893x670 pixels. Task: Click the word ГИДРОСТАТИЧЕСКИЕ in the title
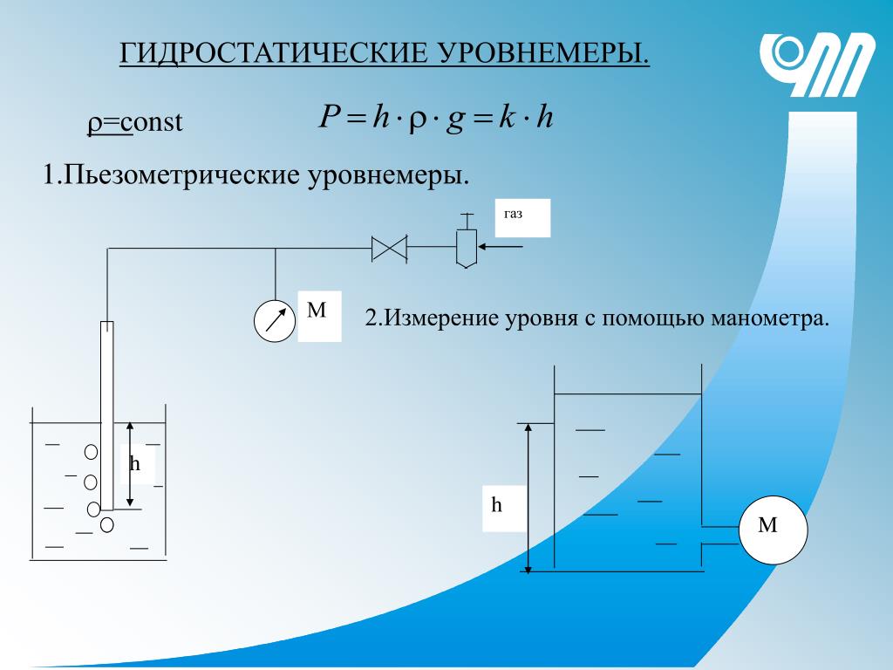(x=273, y=52)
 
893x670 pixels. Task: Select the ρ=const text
(x=135, y=122)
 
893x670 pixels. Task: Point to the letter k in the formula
(x=507, y=117)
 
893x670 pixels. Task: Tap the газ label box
(x=522, y=217)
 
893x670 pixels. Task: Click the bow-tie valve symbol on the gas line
(x=390, y=249)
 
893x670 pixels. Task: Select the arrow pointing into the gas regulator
(x=500, y=247)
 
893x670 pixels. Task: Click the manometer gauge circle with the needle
(x=275, y=321)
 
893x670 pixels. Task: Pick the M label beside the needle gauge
(x=319, y=316)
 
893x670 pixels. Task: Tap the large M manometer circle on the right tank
(x=773, y=530)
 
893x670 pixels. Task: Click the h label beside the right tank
(x=503, y=509)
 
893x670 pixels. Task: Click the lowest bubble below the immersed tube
(x=107, y=524)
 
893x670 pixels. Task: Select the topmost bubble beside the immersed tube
(x=91, y=452)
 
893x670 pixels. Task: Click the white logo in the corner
(x=817, y=65)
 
